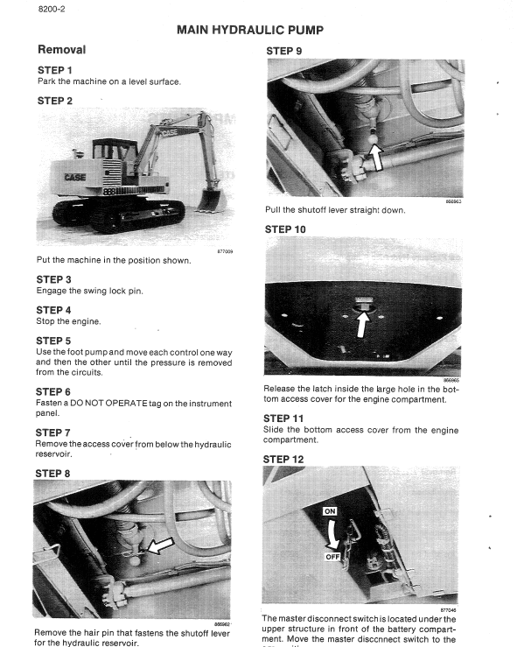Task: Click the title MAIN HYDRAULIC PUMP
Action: point(249,30)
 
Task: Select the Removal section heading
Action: point(60,50)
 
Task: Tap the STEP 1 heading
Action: point(54,69)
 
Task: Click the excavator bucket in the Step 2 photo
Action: point(210,200)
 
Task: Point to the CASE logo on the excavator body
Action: point(75,178)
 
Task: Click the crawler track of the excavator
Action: point(118,214)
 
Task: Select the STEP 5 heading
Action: point(54,341)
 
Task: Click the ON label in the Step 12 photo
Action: point(331,510)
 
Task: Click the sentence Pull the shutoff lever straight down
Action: point(335,210)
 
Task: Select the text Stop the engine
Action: point(67,321)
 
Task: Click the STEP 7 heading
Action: point(54,433)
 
